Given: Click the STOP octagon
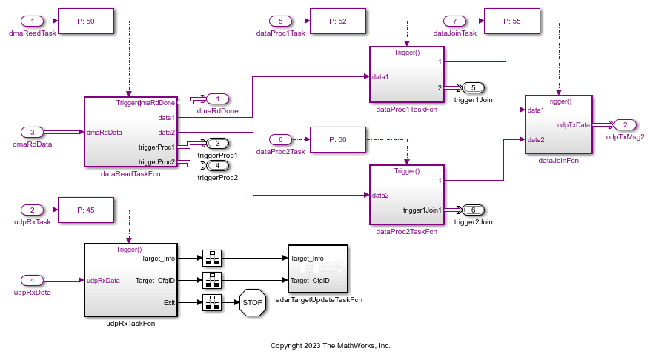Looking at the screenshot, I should (252, 303).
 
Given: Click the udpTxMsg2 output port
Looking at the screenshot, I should (625, 124).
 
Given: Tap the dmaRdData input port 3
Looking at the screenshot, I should (33, 132).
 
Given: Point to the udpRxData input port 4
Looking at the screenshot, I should (33, 280).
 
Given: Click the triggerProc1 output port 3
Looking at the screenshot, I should (217, 143).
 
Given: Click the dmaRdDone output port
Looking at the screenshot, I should (217, 99).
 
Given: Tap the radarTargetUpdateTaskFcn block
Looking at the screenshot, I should (318, 270).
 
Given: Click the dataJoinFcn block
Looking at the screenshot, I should (558, 124).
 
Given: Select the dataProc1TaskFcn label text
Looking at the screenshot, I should (406, 110).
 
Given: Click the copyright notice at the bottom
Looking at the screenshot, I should (331, 345).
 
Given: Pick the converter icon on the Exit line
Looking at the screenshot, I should (211, 303).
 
